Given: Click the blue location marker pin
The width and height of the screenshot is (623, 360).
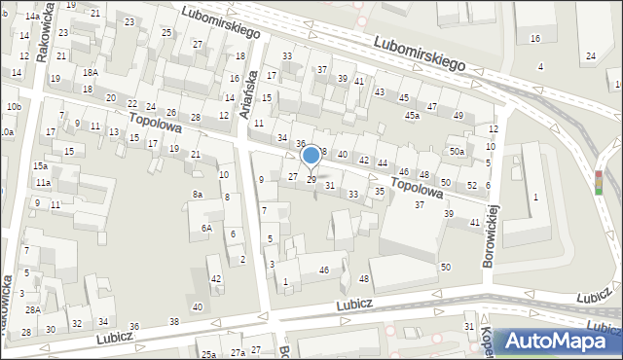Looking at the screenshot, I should pos(311,157).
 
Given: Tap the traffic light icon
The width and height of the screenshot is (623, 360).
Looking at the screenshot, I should pos(599,181).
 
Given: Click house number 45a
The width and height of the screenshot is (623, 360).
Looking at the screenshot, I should pos(413,116).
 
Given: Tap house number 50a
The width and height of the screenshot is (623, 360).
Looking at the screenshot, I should pos(457,152).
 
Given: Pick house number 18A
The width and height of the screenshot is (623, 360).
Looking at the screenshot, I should pos(90,72).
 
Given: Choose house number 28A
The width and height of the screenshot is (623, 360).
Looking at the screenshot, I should pos(32,309).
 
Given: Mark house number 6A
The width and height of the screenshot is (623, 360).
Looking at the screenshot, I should pos(206,228).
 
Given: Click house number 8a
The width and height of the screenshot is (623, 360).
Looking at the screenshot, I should pos(197,195).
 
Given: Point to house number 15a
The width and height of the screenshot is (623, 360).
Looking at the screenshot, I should pos(39,166).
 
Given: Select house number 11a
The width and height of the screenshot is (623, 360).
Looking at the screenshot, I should pos(43,183).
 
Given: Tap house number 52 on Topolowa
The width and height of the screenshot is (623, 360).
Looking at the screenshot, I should pos(472,186).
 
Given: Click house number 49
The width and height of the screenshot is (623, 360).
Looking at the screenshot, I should pos(458,116).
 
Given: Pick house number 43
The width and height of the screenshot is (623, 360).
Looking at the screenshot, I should pos(379,91).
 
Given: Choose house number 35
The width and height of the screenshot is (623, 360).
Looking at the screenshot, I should pos(379,192).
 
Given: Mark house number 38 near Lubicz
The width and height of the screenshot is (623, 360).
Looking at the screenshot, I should pos(174,321).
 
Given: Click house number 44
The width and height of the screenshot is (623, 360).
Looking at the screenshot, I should pos(384,162).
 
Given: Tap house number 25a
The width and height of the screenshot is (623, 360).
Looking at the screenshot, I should pos(207,354).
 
